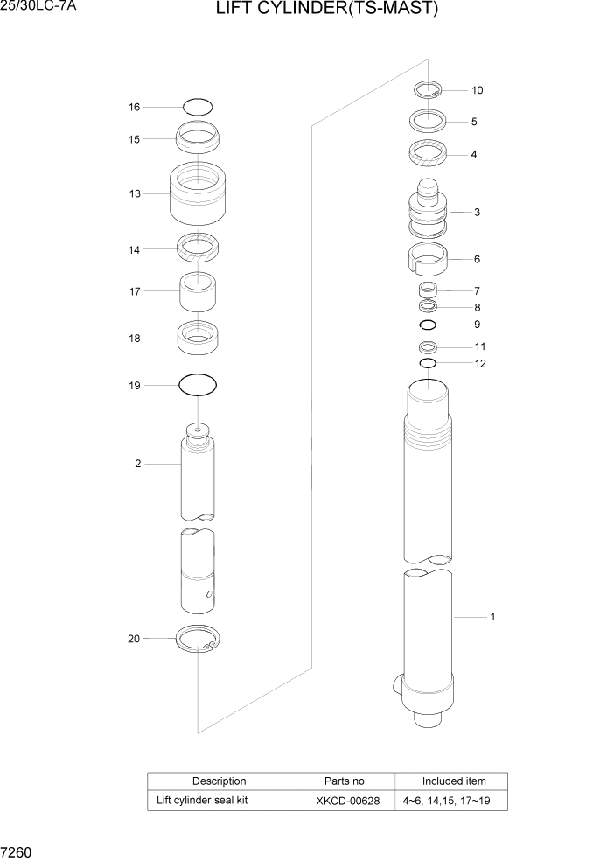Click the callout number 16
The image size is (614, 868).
click(134, 108)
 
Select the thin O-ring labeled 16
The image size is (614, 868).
click(199, 107)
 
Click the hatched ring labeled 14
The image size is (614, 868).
click(199, 248)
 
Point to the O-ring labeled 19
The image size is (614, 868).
click(198, 385)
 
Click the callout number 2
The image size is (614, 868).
click(137, 464)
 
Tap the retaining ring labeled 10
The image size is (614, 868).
click(428, 88)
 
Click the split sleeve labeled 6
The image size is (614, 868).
click(428, 260)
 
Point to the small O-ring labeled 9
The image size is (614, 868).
click(428, 325)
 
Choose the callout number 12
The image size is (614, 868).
click(480, 364)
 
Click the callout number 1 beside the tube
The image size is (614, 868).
click(492, 617)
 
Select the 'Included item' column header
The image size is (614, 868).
click(454, 780)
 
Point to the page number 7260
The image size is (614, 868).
click(17, 851)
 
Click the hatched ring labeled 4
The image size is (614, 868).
click(428, 153)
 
